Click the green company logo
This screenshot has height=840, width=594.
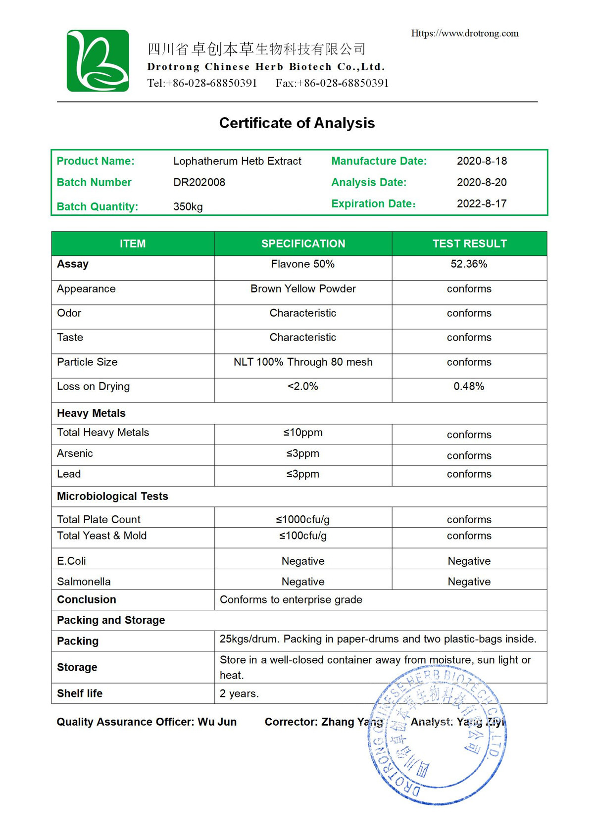click(98, 61)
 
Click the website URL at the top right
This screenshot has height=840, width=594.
click(465, 33)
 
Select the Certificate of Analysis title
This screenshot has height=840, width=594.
click(297, 123)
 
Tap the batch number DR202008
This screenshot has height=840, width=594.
click(199, 182)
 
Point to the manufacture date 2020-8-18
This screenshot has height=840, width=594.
click(482, 161)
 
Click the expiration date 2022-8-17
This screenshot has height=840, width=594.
click(482, 203)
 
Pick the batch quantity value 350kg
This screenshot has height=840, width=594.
click(188, 206)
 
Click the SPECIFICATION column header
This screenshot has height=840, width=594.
click(303, 244)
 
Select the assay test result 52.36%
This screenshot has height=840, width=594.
click(469, 264)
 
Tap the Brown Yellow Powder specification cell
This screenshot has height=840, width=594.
click(303, 289)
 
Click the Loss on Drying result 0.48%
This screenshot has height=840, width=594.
click(469, 386)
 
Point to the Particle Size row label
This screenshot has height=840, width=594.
click(87, 362)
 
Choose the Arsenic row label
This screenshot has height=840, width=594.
click(75, 453)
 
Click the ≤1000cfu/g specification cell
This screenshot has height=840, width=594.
click(303, 519)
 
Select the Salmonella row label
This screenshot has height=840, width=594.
click(84, 582)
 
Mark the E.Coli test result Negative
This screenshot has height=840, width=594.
click(469, 561)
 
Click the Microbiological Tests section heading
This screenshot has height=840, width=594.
click(112, 496)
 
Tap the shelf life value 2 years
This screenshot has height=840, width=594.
click(239, 693)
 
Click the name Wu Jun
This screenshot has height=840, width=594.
click(217, 722)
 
